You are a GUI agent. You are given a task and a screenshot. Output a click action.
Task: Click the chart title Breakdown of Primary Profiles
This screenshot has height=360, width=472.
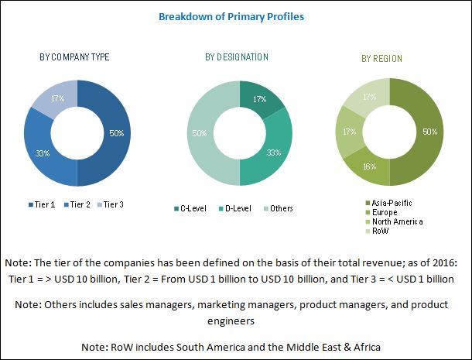coord(231,16)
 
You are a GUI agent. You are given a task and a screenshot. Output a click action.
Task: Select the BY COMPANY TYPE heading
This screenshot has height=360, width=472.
coord(74,57)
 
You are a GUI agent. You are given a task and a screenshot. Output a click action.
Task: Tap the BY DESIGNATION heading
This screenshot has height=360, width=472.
coord(237,57)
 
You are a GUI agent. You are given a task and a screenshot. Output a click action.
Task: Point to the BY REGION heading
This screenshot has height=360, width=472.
coord(381,58)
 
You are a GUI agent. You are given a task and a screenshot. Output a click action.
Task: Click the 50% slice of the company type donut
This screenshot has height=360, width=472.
coord(116,133)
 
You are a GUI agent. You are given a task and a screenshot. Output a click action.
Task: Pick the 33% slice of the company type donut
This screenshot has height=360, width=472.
coord(43,153)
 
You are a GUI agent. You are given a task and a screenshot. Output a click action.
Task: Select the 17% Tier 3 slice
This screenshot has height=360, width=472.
coord(58,98)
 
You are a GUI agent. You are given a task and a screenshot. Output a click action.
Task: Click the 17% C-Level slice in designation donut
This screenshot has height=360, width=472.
coord(259,99)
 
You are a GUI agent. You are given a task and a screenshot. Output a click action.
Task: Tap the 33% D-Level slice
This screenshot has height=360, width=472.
coord(273,153)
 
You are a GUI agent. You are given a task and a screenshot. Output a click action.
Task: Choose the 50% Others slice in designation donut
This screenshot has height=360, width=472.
coord(200,133)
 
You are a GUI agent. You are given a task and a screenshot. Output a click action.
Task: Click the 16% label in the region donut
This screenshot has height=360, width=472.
coord(370,166)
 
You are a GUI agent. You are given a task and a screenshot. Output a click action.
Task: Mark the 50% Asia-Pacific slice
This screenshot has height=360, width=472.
coord(429,132)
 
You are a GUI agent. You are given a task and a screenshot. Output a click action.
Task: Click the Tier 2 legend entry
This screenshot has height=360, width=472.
coord(77,205)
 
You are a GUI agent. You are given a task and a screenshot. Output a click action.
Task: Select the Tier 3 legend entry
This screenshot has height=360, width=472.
coord(111,205)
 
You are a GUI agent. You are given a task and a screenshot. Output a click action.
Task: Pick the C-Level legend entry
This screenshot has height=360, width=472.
coord(190,208)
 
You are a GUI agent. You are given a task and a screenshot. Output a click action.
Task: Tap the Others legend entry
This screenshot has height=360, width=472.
coord(278,208)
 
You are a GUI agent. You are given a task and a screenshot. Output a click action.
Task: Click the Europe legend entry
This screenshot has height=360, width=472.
coord(381,212)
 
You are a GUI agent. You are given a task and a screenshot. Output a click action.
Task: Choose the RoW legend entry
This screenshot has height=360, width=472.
coord(377,231)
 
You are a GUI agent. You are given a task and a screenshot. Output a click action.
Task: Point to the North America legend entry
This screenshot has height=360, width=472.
coord(394,221)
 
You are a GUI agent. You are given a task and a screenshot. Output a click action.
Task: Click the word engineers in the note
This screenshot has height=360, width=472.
coord(231,321)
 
